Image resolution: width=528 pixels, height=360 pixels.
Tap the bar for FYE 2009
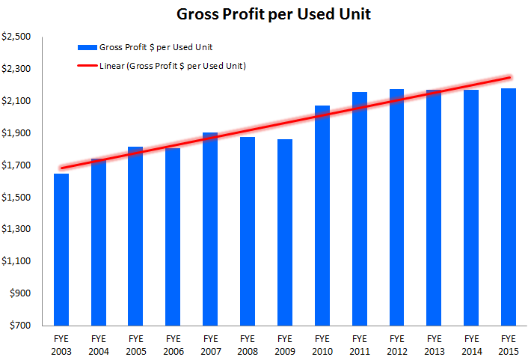(x=285, y=232)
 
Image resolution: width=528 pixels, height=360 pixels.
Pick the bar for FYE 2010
(x=322, y=216)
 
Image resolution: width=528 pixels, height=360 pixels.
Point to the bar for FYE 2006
(x=173, y=237)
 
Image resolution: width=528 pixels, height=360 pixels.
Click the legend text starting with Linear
(x=173, y=66)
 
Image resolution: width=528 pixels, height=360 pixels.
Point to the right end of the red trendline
(x=509, y=77)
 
